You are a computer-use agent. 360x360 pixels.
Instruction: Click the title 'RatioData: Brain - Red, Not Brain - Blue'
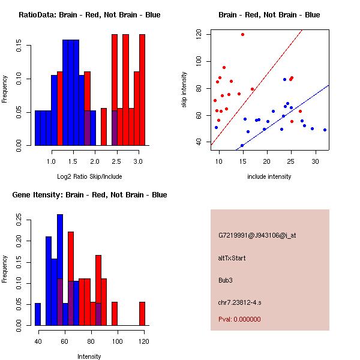(x=89, y=15)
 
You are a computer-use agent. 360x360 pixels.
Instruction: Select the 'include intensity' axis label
(x=269, y=176)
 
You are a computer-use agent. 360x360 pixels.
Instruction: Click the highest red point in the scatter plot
(x=242, y=34)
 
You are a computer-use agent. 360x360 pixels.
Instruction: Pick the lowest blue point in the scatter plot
(x=242, y=145)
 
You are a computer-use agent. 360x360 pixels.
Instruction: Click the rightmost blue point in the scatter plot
(x=325, y=130)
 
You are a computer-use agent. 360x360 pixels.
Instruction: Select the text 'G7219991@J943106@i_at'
(x=257, y=235)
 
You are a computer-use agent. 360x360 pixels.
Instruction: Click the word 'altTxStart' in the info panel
(x=232, y=258)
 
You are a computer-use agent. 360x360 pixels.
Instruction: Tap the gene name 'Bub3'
(x=226, y=280)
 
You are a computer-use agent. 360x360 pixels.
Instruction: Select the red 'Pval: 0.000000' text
(x=239, y=319)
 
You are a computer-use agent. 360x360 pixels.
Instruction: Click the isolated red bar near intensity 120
(x=142, y=313)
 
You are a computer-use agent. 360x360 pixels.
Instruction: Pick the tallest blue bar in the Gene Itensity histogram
(x=60, y=270)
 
